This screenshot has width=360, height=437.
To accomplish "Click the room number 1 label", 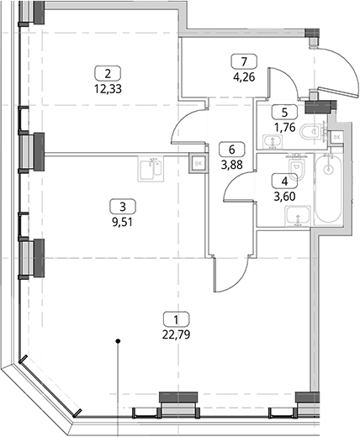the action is click(x=176, y=319).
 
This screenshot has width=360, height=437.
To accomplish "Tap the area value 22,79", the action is click(x=176, y=334).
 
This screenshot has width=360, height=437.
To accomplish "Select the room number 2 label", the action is click(x=108, y=74).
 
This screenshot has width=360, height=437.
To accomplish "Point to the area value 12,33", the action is click(x=108, y=89).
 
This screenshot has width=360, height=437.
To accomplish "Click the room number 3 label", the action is click(x=123, y=208).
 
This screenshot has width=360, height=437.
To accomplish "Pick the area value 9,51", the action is click(x=123, y=223).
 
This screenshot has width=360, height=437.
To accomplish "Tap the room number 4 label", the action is click(x=284, y=182).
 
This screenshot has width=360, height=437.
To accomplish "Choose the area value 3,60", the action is click(x=284, y=197).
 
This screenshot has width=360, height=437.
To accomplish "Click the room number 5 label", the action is click(x=284, y=113).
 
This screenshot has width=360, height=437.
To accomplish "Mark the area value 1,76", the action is click(x=284, y=128).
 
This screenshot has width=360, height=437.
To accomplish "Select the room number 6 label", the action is click(x=232, y=150).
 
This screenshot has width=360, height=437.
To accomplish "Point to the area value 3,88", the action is click(x=232, y=165).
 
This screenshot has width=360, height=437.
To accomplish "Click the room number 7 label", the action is click(x=244, y=61).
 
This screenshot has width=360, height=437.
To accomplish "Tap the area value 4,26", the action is click(x=244, y=76).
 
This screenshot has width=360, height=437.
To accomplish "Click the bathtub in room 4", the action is click(x=328, y=189).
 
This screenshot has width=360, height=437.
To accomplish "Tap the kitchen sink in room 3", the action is click(x=151, y=169).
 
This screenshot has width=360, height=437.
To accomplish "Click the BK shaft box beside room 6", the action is click(x=199, y=164).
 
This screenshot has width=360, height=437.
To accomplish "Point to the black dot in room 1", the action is click(x=119, y=341).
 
